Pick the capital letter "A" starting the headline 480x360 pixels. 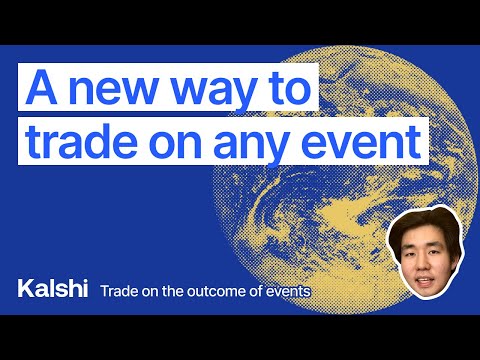click(39, 88)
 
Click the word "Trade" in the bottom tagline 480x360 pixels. click(118, 291)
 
